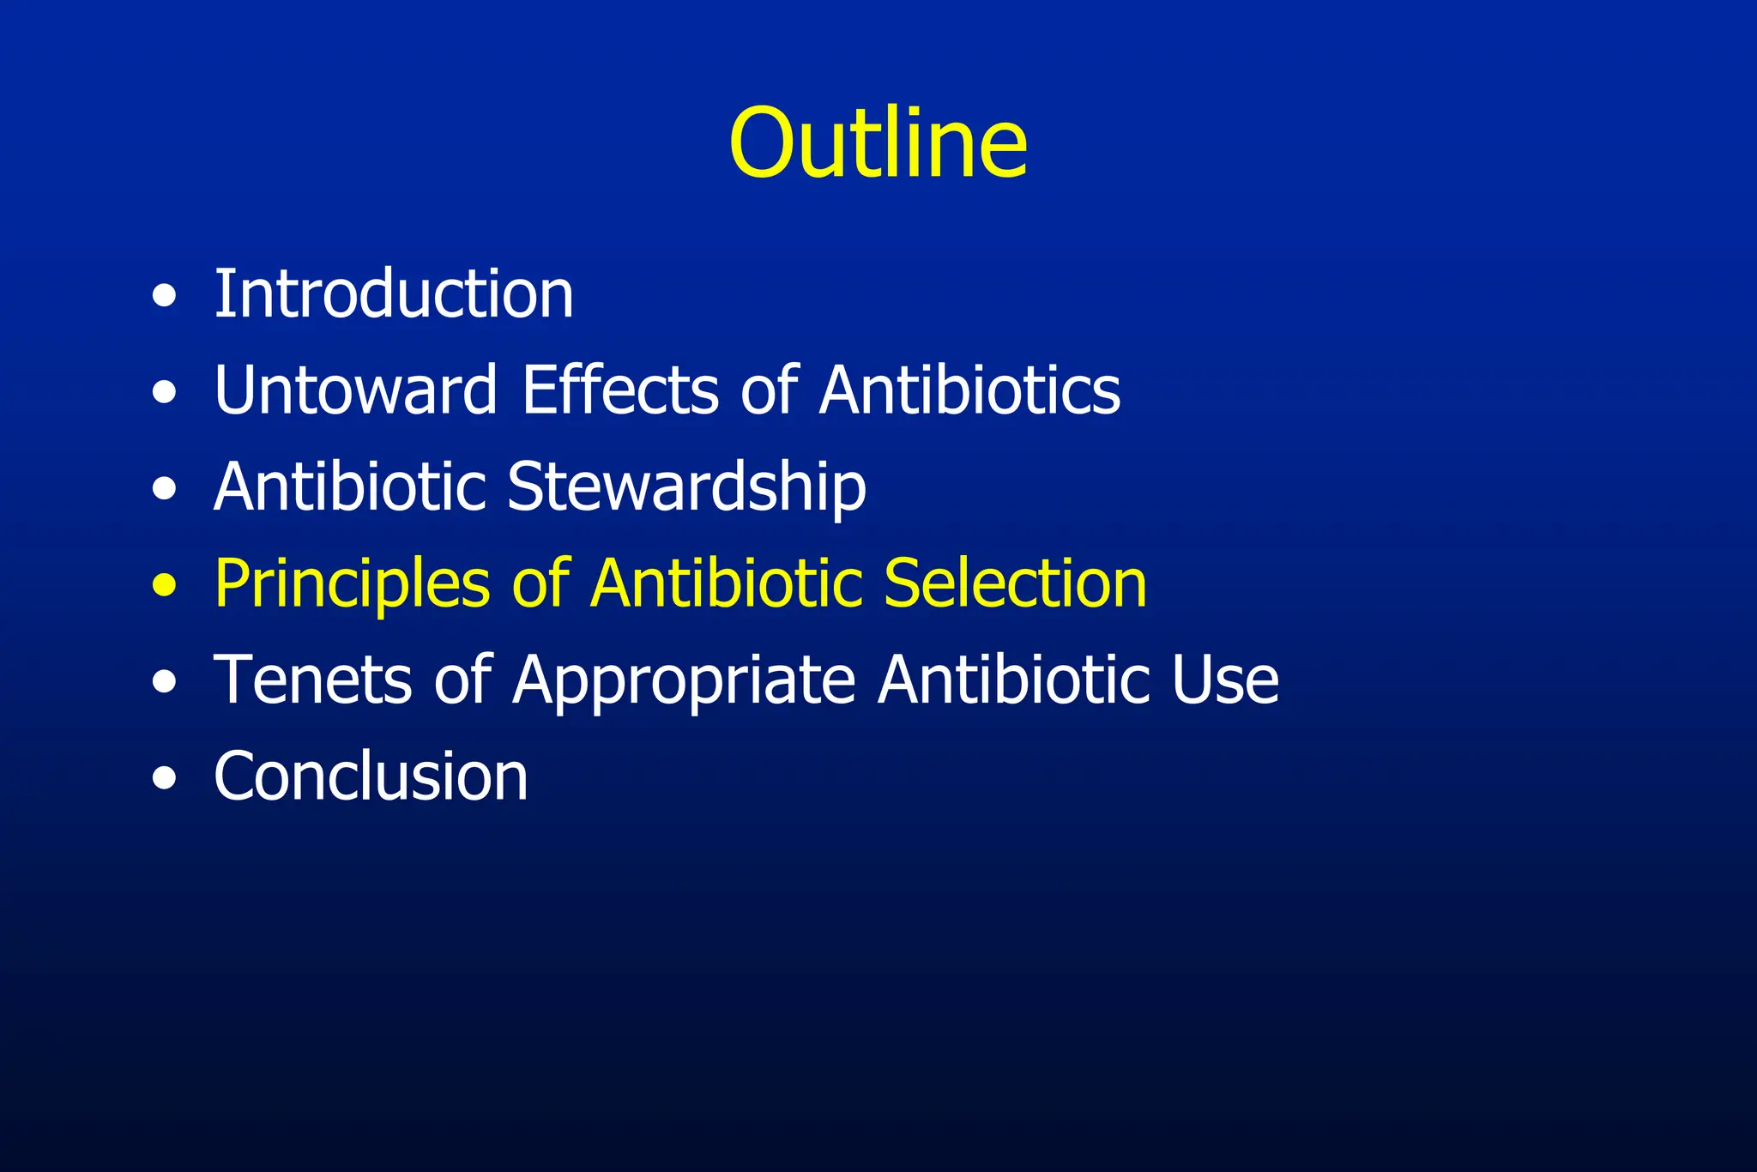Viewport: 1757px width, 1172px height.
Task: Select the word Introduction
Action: pyautogui.click(x=394, y=293)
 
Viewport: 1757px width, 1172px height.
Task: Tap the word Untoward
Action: pyautogui.click(x=355, y=390)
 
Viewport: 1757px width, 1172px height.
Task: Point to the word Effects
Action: pyautogui.click(x=619, y=390)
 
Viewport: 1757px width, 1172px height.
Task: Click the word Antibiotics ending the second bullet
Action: pyautogui.click(x=969, y=390)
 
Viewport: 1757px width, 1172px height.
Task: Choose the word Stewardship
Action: pyautogui.click(x=686, y=487)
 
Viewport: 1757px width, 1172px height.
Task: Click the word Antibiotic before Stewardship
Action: pyautogui.click(x=351, y=486)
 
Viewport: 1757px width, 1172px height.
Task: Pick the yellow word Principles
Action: pyautogui.click(x=351, y=583)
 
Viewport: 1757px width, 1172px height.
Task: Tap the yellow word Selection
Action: pyautogui.click(x=1015, y=583)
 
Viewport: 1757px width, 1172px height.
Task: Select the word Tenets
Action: pyautogui.click(x=312, y=680)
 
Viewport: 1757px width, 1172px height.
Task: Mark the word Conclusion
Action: pyautogui.click(x=371, y=776)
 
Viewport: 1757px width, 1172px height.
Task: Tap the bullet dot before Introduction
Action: pyautogui.click(x=164, y=297)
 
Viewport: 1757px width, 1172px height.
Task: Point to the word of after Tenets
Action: pyautogui.click(x=462, y=680)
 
